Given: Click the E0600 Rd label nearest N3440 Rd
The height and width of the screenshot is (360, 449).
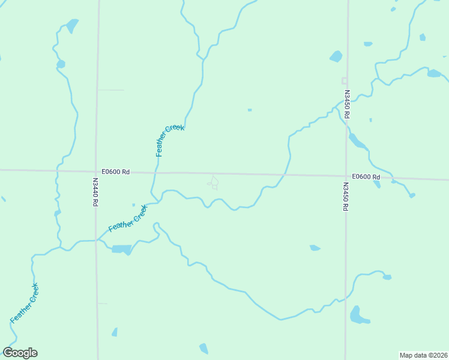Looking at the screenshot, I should (x=115, y=172).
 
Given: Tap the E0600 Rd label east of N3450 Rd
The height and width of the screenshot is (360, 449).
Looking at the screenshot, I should (x=366, y=177).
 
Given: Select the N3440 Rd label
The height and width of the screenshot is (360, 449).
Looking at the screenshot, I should (x=95, y=191).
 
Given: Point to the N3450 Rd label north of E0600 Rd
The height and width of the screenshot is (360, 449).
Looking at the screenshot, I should (x=347, y=103).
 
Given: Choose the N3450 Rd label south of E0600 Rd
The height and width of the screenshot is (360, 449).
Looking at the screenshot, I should (x=346, y=197).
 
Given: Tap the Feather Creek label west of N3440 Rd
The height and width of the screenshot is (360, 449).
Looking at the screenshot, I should (x=24, y=303).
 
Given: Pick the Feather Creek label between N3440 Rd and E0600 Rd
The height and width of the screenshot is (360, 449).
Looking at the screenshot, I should (x=128, y=219).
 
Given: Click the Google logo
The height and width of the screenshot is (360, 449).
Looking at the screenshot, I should (x=20, y=353).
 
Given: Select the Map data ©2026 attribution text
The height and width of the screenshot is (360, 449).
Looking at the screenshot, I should (x=423, y=355).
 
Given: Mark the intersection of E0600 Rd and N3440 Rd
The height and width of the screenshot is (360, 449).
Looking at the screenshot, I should (x=97, y=171).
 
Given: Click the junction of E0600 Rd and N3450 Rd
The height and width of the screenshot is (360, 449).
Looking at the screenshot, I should (x=346, y=176).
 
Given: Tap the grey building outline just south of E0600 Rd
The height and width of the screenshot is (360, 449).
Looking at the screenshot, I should (x=213, y=182).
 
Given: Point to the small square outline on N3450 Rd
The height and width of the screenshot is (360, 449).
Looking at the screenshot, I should (x=345, y=80).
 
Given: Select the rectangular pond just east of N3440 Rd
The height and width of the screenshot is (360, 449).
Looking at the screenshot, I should (x=121, y=249).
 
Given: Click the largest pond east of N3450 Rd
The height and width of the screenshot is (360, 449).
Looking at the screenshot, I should (x=358, y=315).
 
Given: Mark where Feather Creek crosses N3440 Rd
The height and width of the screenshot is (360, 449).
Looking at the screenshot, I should (x=97, y=240).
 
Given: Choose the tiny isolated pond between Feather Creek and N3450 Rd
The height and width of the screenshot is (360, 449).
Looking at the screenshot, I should (x=250, y=110).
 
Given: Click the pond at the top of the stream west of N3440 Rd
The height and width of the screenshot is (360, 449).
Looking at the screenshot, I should (x=72, y=26).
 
